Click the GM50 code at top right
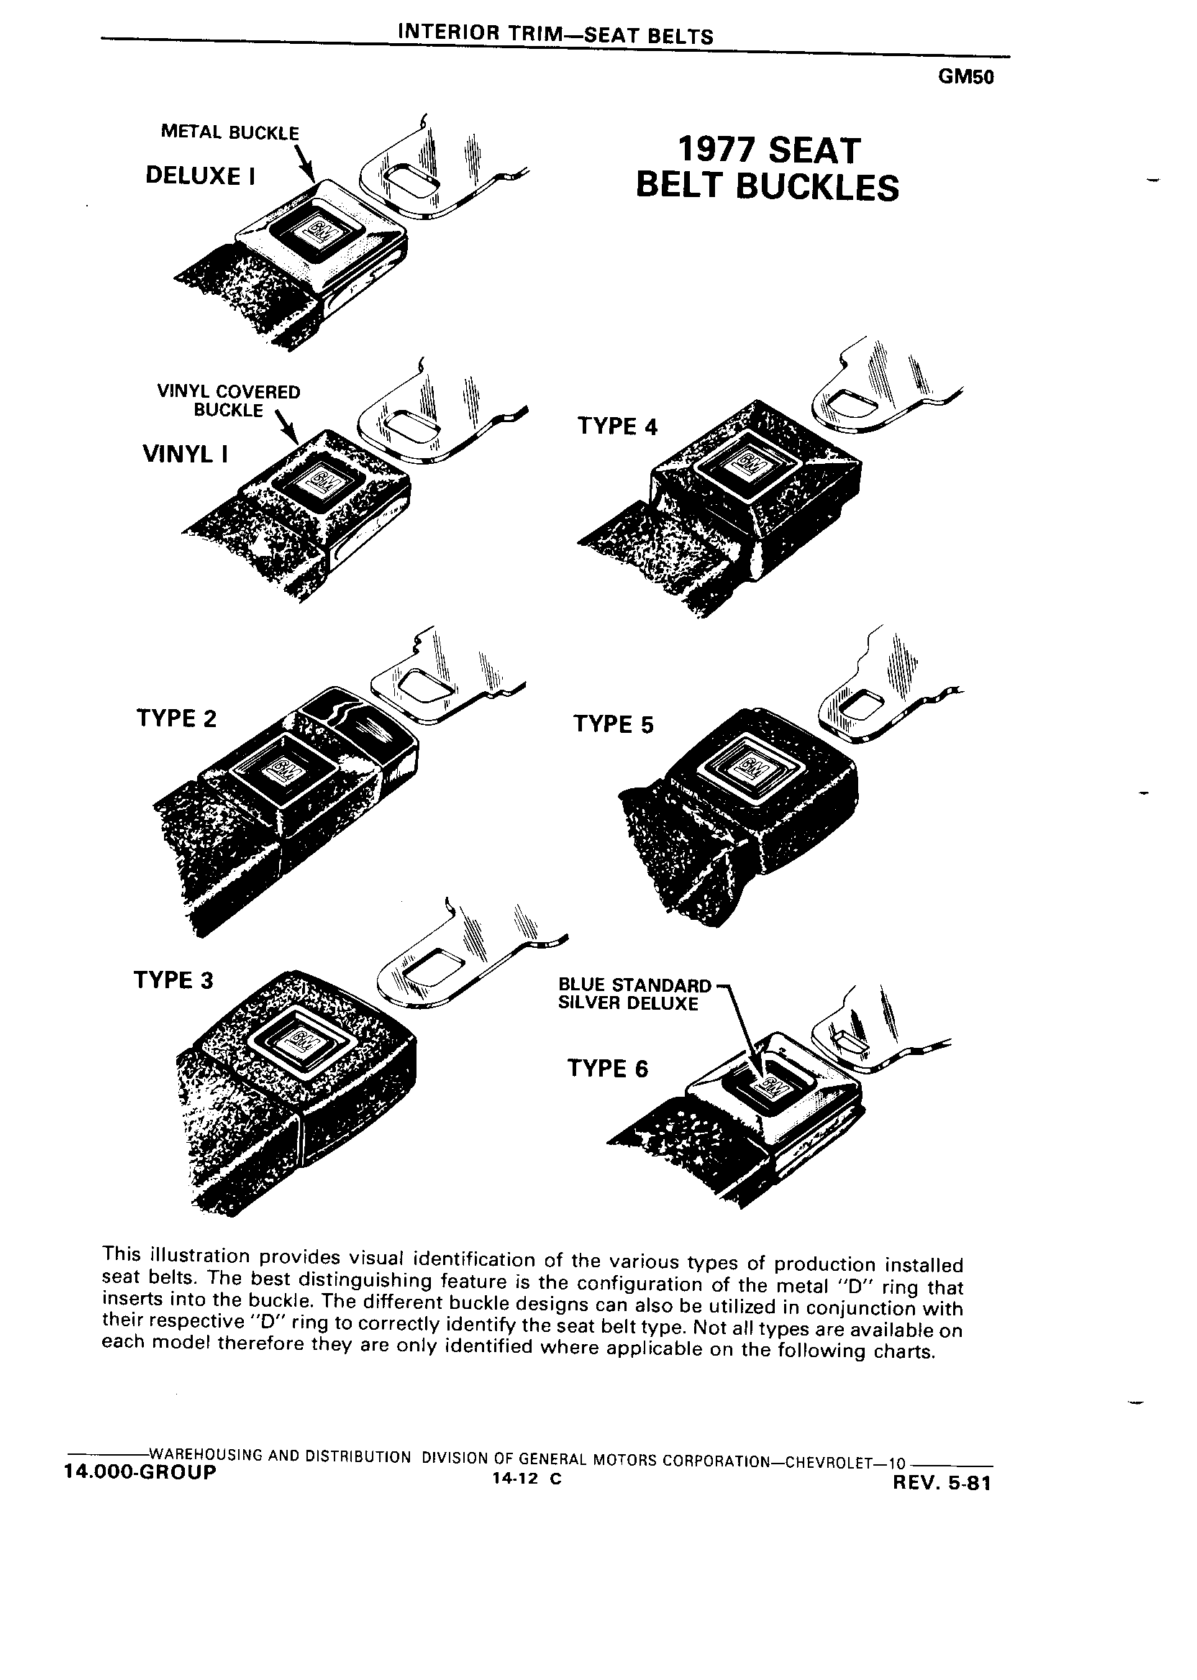(966, 78)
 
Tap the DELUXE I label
(201, 175)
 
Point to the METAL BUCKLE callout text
(230, 132)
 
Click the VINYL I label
(185, 454)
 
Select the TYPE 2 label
(177, 718)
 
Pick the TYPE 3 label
(173, 980)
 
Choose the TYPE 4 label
(617, 426)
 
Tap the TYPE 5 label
(613, 724)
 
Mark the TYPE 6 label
(607, 1069)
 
